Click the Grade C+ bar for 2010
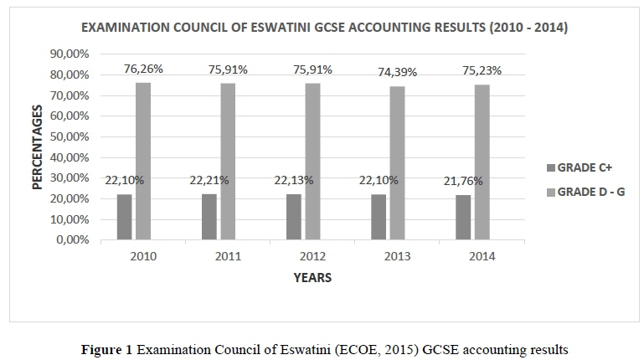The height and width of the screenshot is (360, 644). coord(125,217)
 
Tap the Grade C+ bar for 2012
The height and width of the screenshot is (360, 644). coord(294,217)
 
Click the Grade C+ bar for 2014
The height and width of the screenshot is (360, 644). coord(463,218)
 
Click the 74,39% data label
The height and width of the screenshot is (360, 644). coord(397,73)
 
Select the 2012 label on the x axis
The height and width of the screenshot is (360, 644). coord(311,256)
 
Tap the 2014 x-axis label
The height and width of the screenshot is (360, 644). coord(481,256)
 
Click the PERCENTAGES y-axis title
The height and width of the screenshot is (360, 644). coord(38,147)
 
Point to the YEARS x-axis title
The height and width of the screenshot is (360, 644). coord(312,278)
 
